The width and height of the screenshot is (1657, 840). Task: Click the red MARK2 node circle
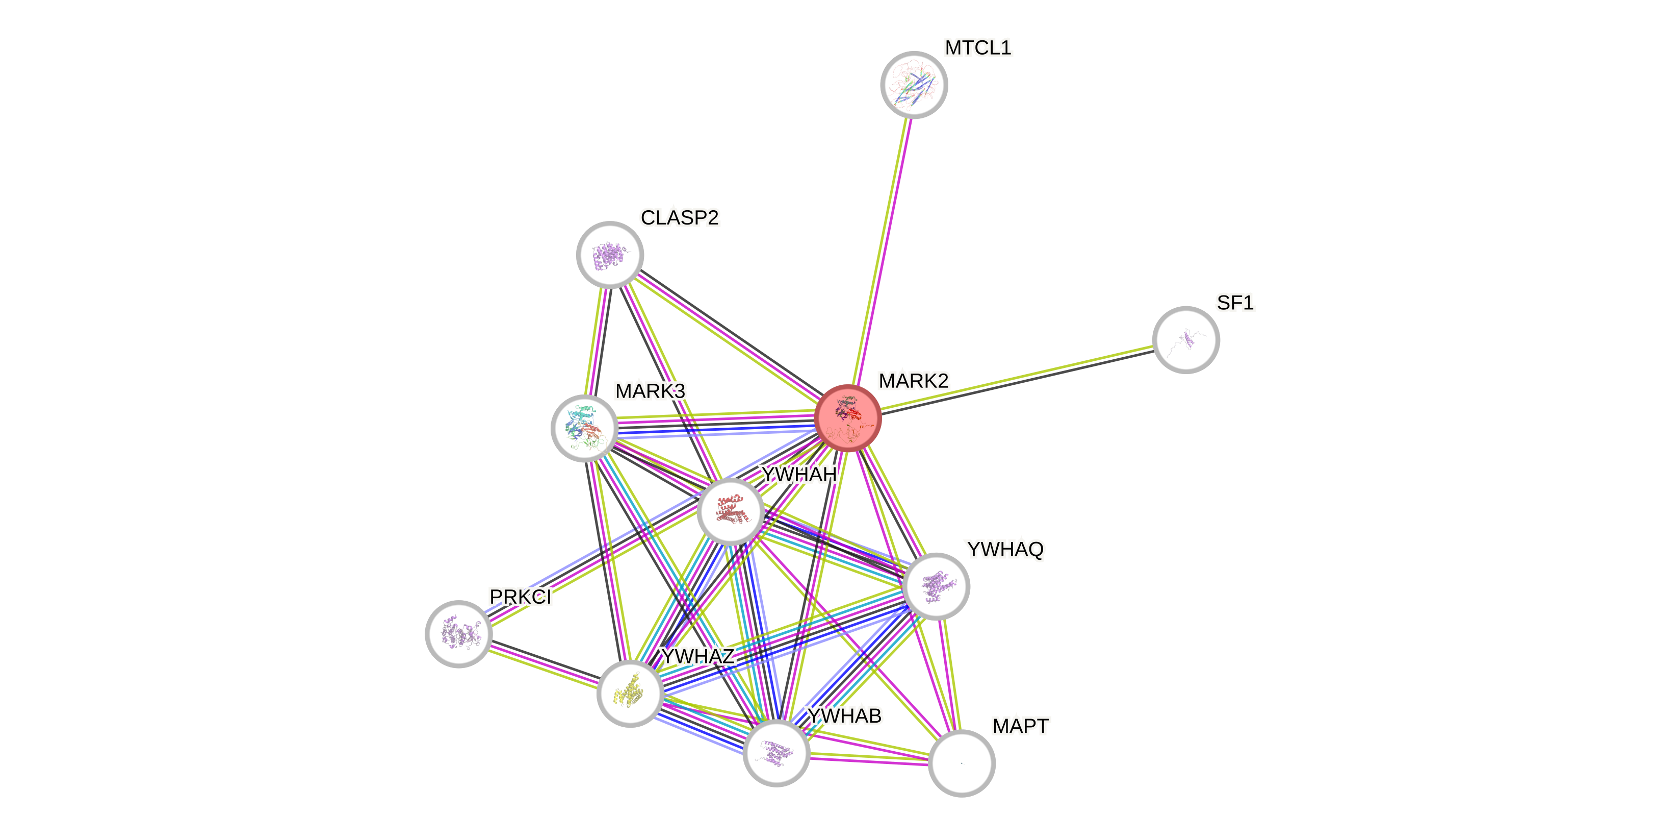(x=847, y=418)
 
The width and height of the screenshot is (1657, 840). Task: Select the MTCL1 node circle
(x=914, y=84)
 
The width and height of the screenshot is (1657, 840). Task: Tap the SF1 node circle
(x=1185, y=339)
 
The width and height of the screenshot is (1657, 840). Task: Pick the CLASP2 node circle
(x=610, y=255)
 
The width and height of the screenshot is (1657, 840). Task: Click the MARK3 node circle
(x=584, y=428)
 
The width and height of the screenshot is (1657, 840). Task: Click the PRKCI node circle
(x=459, y=634)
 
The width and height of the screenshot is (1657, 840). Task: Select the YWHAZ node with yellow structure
(x=630, y=693)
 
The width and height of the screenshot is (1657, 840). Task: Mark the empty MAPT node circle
(x=962, y=763)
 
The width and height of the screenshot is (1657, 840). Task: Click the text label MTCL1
(x=978, y=47)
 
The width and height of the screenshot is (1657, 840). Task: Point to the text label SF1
(x=1235, y=303)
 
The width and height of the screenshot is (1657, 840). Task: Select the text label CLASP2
(x=679, y=217)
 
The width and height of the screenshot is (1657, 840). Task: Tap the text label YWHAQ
(x=1005, y=550)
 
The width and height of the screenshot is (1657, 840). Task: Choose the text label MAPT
(x=1020, y=726)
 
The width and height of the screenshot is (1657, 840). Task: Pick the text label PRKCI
(x=520, y=597)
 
